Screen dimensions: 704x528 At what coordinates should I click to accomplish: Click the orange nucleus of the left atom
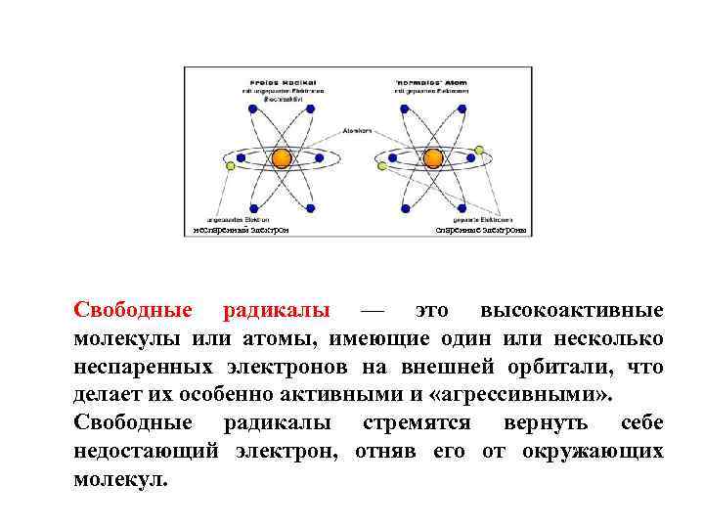[x=282, y=157]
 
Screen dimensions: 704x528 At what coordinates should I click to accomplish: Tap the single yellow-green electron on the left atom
[x=231, y=166]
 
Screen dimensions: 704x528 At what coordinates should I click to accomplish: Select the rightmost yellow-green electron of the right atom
[x=479, y=150]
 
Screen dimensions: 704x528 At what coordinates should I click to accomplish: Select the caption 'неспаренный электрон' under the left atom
[x=240, y=231]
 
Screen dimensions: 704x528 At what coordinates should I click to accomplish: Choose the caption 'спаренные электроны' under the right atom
[x=480, y=231]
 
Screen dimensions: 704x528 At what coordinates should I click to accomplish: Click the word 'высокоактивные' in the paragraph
[x=572, y=311]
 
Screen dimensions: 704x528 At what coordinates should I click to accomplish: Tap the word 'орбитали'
[x=548, y=368]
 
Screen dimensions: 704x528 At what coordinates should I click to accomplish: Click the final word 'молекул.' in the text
[x=120, y=480]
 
